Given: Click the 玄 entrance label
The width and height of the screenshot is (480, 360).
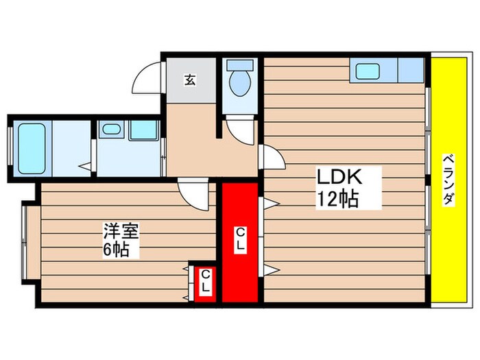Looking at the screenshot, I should coord(189,80).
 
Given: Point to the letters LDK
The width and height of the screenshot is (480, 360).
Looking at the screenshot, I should coord(338,177).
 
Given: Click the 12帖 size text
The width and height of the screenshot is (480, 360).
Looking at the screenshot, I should coord(338,200).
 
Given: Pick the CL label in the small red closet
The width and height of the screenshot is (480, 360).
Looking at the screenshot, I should coord(204,282).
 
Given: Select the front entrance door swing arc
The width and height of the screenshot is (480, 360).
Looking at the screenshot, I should coord(147,80).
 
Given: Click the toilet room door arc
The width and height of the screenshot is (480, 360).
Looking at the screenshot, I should coord(240,129).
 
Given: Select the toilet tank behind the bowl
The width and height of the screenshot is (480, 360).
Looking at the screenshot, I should coord(240,67).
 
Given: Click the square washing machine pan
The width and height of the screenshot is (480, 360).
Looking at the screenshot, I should coord(143,130).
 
